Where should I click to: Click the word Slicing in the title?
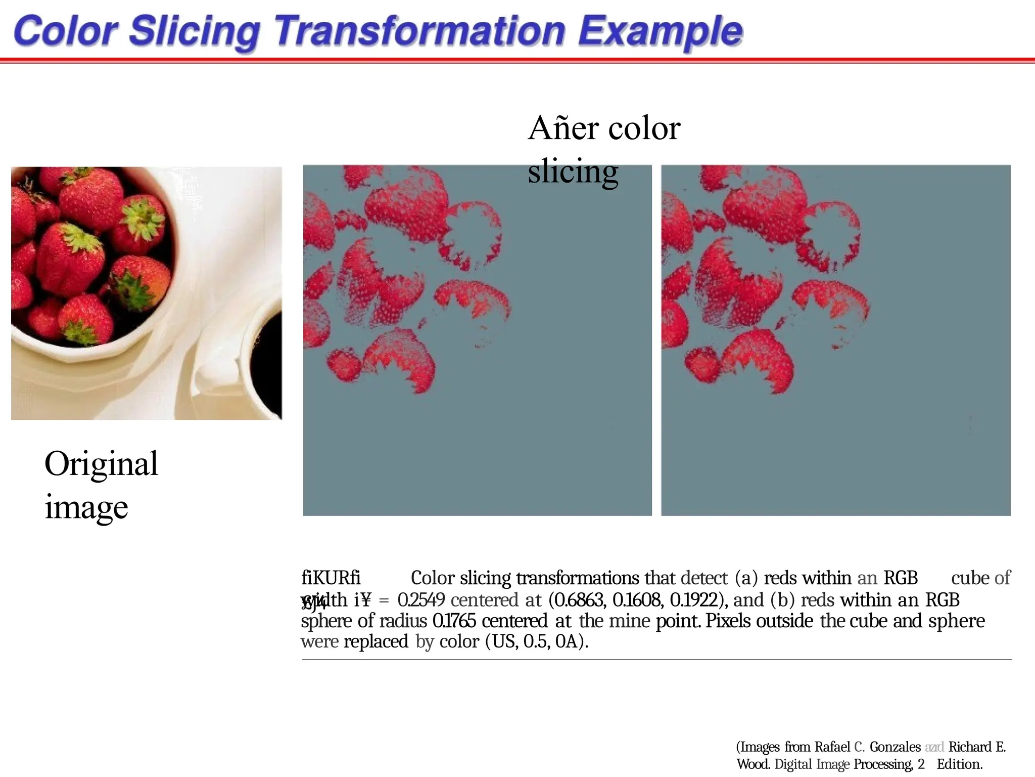coord(194,31)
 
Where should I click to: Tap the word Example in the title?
coord(660,31)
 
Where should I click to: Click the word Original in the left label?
coord(101,463)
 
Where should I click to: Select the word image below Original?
coord(86,507)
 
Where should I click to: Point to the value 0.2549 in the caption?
coord(420,600)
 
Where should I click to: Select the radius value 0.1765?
coord(454,621)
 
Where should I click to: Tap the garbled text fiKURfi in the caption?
coord(331,578)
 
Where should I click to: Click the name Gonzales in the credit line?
coord(895,747)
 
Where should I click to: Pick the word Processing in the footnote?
coord(883,764)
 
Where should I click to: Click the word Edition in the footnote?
coord(959,764)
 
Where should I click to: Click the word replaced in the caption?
coord(375,641)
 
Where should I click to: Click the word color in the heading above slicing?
coord(644,128)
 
